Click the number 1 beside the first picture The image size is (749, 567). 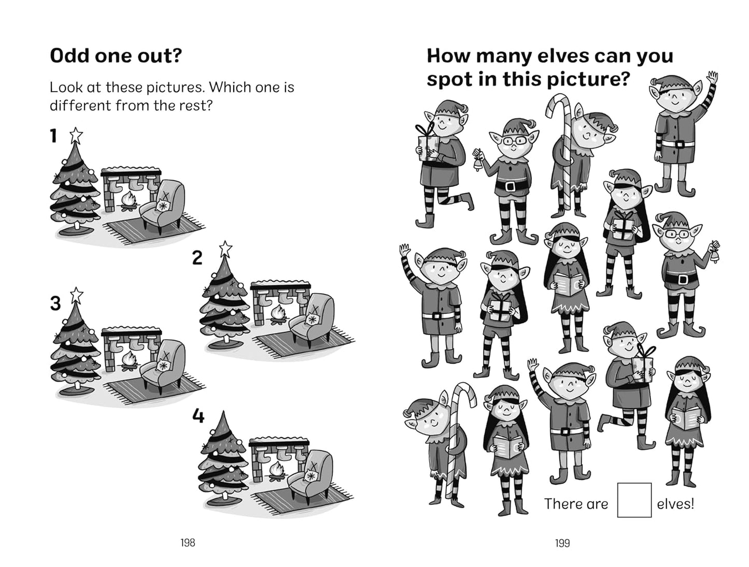click(53, 136)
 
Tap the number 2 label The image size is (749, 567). click(197, 257)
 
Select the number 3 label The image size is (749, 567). click(55, 303)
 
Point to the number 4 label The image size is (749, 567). click(198, 416)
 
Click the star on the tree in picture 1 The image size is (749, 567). click(76, 135)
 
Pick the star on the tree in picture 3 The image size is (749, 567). click(76, 295)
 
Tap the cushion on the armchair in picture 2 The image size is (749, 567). click(312, 318)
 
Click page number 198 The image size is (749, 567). click(188, 543)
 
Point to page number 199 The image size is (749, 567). click(562, 543)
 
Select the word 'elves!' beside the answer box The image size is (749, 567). click(675, 504)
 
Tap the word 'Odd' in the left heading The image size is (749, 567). click(69, 55)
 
